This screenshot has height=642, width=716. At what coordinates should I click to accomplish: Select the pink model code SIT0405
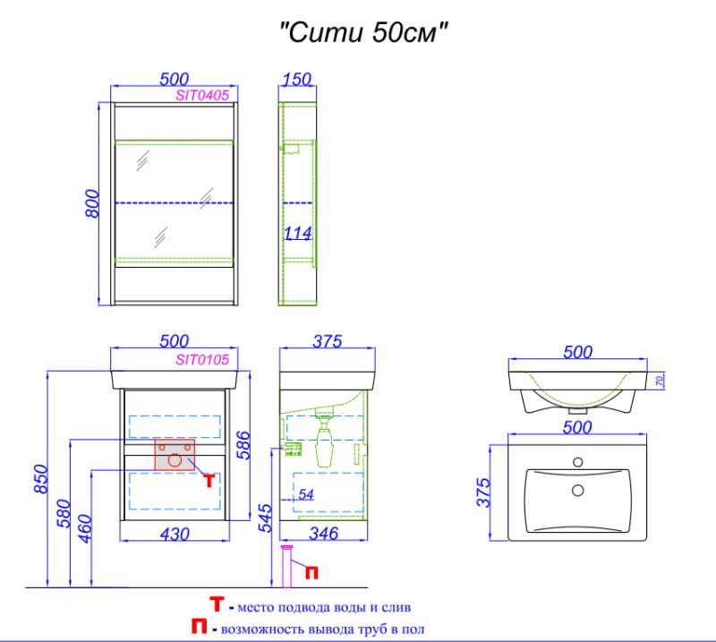pos(203,93)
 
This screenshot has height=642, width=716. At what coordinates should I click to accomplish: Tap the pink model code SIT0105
pos(203,359)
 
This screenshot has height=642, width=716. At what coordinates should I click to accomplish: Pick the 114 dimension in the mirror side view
pos(297,234)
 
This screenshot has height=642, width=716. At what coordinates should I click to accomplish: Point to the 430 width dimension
pos(175,534)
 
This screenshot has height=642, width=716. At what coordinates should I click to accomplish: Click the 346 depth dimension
pos(323,535)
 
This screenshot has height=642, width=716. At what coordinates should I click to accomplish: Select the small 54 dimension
pos(306,494)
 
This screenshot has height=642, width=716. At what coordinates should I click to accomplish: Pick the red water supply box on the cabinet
pos(175,455)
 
